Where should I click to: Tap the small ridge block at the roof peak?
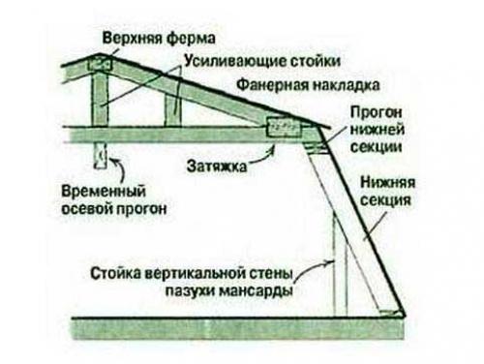click(x=98, y=65)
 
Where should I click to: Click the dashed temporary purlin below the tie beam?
click(x=101, y=155)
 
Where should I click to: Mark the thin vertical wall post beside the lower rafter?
click(x=334, y=261)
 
